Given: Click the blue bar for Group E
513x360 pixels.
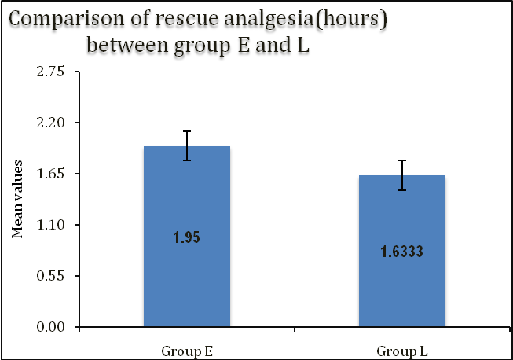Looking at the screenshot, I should [x=186, y=275].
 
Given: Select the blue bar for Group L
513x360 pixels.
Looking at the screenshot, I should [x=401, y=291].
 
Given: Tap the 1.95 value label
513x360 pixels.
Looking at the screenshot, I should [x=186, y=237].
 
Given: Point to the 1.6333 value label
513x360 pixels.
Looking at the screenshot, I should [x=401, y=252].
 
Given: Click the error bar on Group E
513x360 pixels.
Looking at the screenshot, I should [x=187, y=145].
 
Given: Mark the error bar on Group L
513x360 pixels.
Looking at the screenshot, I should [x=401, y=174].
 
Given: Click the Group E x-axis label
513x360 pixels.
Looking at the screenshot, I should [x=186, y=349].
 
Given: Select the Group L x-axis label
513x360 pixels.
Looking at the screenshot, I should [x=401, y=349].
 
